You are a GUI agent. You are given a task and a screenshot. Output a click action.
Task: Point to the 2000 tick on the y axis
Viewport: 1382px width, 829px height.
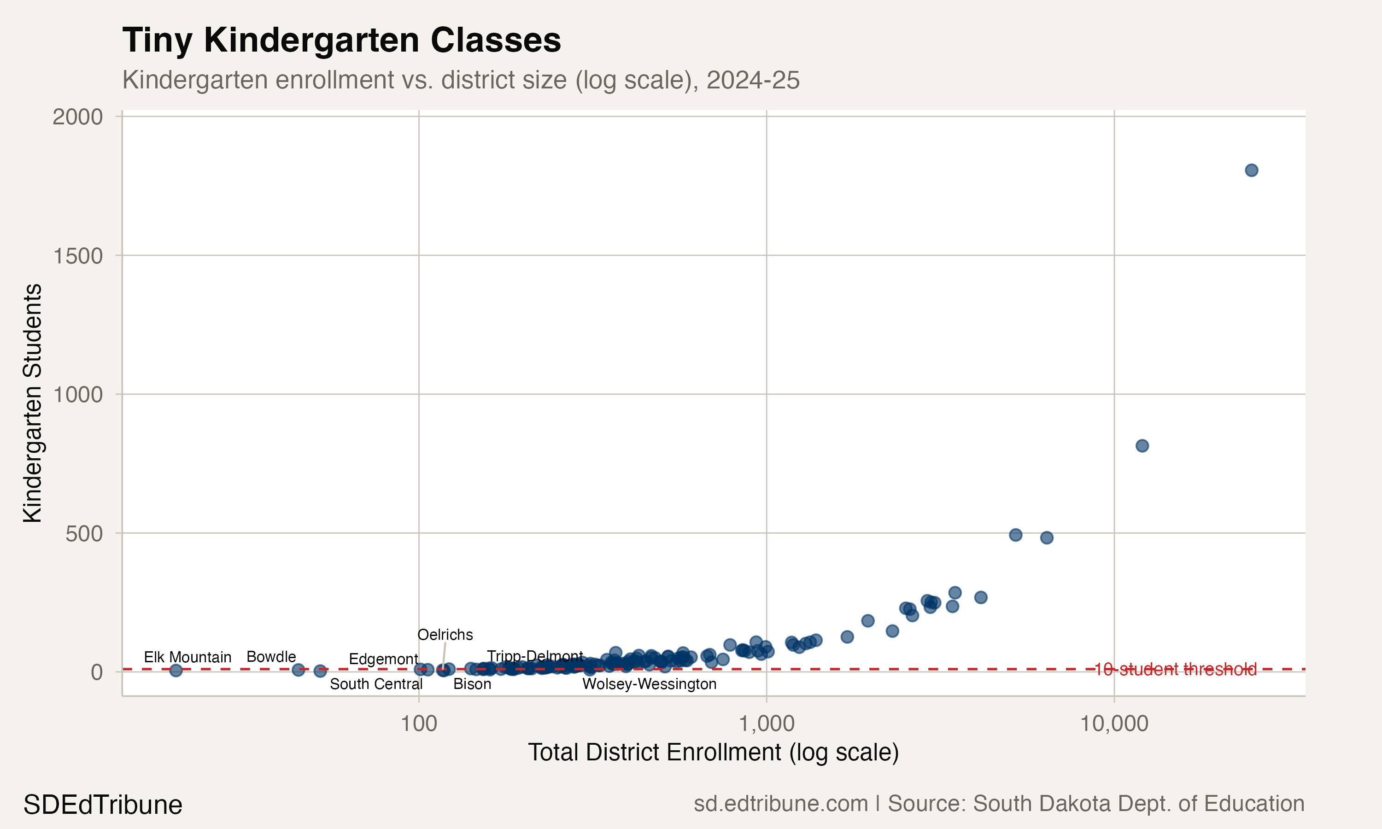(x=78, y=117)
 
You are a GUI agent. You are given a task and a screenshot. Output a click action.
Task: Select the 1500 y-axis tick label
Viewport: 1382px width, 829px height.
(x=78, y=256)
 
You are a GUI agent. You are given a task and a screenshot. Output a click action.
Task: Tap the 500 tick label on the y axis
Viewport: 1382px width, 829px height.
(x=84, y=533)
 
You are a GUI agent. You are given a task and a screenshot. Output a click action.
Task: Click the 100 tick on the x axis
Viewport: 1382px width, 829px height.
(x=419, y=724)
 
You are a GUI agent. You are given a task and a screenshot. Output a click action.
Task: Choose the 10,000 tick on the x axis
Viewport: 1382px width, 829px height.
(x=1114, y=724)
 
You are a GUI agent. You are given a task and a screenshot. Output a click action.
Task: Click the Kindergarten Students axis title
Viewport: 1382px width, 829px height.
(x=32, y=403)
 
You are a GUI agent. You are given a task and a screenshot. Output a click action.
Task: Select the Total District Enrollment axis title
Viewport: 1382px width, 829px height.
(x=714, y=753)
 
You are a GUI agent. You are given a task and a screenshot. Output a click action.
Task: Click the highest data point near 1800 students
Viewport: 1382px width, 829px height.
(x=1251, y=170)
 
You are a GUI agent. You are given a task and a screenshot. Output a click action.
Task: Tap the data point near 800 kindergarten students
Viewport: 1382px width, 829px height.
(x=1142, y=446)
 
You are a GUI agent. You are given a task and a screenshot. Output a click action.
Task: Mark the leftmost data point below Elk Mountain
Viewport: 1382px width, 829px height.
(x=176, y=671)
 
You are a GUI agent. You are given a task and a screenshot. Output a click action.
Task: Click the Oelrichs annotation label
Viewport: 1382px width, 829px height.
(x=445, y=635)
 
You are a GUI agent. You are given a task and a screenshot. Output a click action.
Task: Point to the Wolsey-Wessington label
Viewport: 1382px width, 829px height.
(x=649, y=684)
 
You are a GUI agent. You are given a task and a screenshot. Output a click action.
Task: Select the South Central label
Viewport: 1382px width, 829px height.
(x=376, y=684)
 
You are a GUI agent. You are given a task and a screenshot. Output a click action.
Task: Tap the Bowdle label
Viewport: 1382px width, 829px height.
(x=271, y=656)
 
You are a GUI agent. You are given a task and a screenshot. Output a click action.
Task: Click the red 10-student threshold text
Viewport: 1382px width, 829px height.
(x=1175, y=669)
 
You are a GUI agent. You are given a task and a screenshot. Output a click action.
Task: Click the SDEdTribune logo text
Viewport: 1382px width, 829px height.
(x=103, y=805)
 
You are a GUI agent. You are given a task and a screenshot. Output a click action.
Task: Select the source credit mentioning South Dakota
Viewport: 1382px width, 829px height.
(x=999, y=803)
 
